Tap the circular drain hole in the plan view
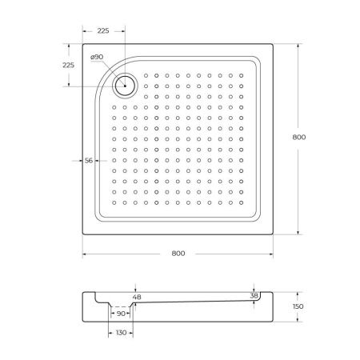[126, 82]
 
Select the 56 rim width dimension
[90, 160]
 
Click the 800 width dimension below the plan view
[178, 254]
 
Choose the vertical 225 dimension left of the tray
[68, 65]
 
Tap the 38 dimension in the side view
[254, 296]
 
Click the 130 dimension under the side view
[121, 332]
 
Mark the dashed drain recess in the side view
[121, 306]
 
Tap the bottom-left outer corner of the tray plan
[83, 234]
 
